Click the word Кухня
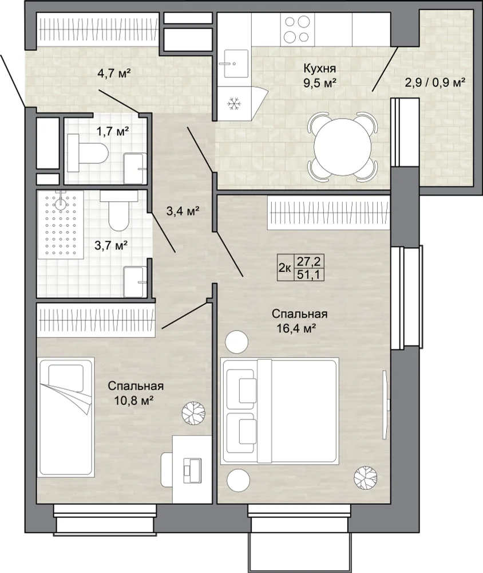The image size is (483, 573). (319, 69)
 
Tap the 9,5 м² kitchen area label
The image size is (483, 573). (319, 83)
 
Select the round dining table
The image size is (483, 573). (342, 147)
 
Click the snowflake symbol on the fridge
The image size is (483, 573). (233, 103)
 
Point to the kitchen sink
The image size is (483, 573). (235, 63)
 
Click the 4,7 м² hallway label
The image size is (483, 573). (114, 73)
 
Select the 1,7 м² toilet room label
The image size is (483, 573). (112, 131)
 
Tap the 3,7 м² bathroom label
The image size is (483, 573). (111, 245)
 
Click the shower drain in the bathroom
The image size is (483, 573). (60, 203)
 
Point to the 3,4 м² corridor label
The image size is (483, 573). (183, 211)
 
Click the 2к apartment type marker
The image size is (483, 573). (285, 268)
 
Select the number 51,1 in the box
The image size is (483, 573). (305, 274)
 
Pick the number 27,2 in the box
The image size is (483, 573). (305, 262)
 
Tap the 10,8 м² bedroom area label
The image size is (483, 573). (133, 401)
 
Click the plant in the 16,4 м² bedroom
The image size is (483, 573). (366, 477)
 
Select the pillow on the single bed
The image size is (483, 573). (66, 378)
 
